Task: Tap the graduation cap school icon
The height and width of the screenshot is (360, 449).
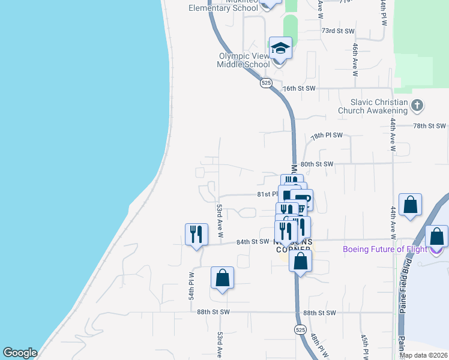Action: tap(280, 47)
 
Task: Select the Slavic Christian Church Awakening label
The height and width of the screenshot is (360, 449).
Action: tap(373, 106)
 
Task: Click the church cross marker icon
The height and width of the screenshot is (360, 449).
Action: tap(418, 106)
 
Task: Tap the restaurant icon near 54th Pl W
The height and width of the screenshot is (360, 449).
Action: tap(196, 233)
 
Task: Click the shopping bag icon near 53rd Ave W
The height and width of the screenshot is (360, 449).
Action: tap(222, 278)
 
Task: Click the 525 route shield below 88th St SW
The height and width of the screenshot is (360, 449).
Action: tap(301, 329)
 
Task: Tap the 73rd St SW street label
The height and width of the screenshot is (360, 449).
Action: tap(338, 30)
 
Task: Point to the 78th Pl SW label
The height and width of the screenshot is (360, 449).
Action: tap(327, 136)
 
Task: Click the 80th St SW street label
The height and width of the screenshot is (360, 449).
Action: tap(316, 163)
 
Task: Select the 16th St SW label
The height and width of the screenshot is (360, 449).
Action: tap(299, 88)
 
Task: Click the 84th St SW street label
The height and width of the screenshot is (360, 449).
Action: tap(252, 242)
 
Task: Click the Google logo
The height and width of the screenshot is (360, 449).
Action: tap(20, 353)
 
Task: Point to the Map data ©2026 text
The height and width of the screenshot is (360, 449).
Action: tap(423, 355)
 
